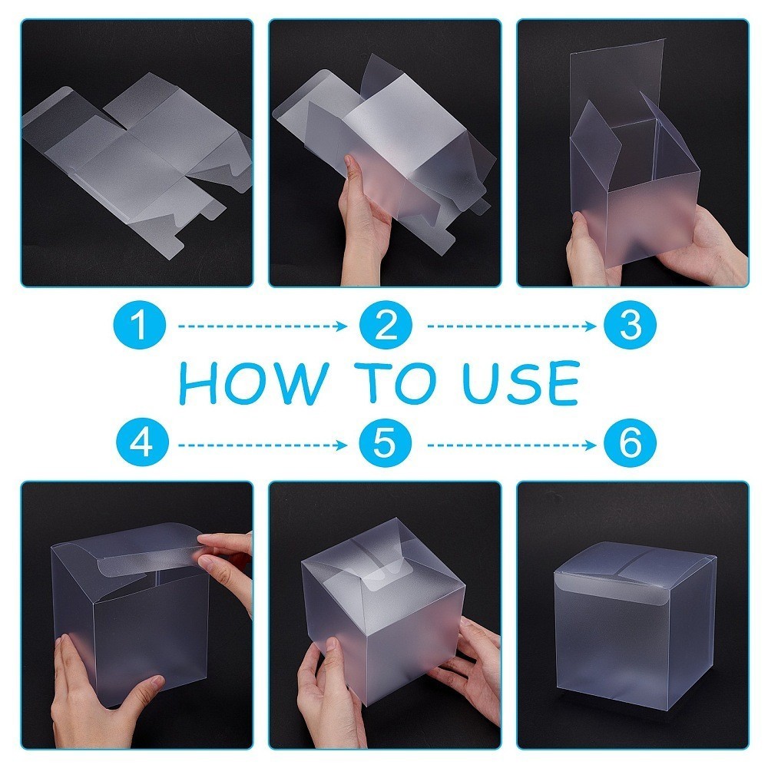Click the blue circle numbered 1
coord(140,325)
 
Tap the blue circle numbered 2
coord(386,325)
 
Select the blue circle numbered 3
coord(630,325)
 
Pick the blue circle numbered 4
coord(142,443)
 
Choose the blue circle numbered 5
coord(386,443)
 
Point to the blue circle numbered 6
coord(630,443)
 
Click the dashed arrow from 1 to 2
coord(263,326)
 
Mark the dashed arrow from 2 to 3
coord(511,326)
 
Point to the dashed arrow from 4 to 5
coord(263,445)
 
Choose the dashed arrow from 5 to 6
coord(511,445)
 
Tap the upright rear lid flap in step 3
coord(617,83)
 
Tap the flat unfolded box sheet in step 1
coord(138,157)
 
